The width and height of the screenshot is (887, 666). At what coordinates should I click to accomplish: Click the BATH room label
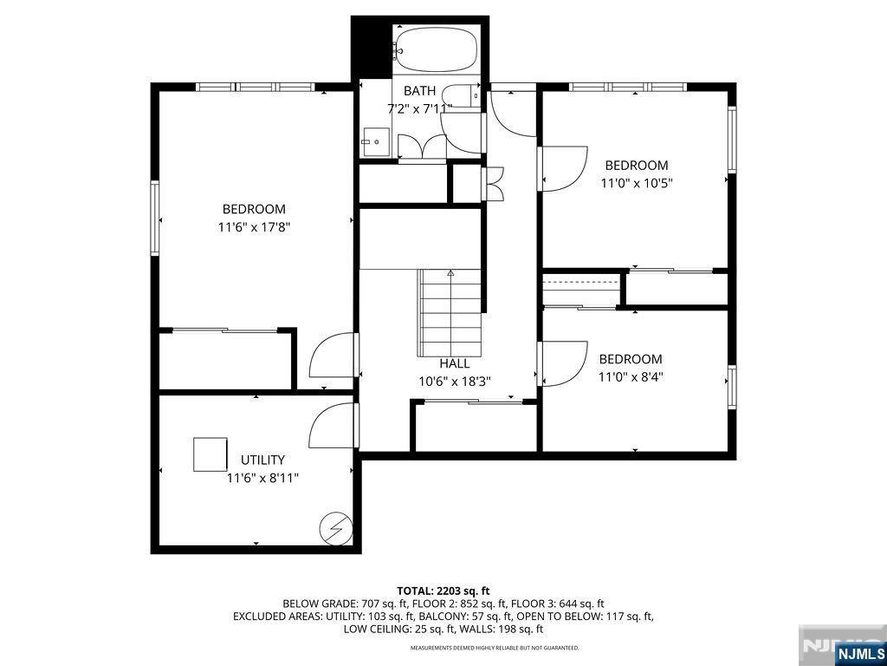point(420,90)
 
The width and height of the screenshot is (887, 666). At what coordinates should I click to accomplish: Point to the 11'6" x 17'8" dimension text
point(254,228)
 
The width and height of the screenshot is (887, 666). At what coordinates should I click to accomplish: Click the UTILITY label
point(262,460)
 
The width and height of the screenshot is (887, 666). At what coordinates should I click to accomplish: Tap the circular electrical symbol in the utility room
point(333,528)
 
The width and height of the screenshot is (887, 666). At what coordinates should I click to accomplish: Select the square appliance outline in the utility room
point(210,454)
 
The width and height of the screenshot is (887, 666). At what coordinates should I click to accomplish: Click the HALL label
point(454,363)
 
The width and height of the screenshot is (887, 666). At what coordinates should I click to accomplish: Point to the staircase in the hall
point(450,312)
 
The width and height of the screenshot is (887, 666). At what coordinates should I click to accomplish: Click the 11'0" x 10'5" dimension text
point(637,184)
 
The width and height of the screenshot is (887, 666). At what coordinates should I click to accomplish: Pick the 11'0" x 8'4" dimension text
point(631,377)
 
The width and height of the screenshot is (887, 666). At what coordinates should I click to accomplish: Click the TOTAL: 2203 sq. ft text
point(443,591)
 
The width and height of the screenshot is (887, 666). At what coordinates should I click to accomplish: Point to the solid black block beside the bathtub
point(372,49)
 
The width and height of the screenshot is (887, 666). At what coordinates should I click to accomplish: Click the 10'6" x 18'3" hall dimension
point(454,382)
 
